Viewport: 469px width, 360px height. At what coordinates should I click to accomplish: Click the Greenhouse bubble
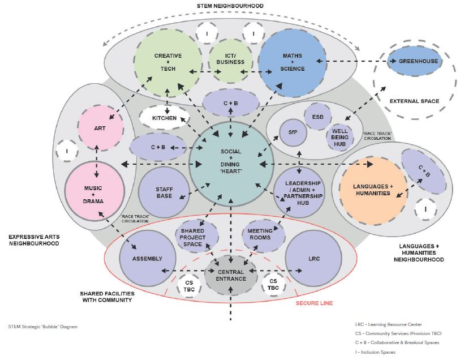(x=414, y=61)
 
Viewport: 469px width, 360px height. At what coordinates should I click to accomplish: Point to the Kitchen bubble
(x=165, y=118)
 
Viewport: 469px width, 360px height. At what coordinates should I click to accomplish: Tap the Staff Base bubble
(x=163, y=193)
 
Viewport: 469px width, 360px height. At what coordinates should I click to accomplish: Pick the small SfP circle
(x=292, y=132)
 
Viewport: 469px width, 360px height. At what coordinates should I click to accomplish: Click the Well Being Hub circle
(x=342, y=136)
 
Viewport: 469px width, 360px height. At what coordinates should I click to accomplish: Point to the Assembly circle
(x=147, y=259)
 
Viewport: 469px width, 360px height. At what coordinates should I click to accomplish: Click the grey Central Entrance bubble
(x=231, y=275)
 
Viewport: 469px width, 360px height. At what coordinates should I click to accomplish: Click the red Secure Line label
(x=314, y=303)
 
